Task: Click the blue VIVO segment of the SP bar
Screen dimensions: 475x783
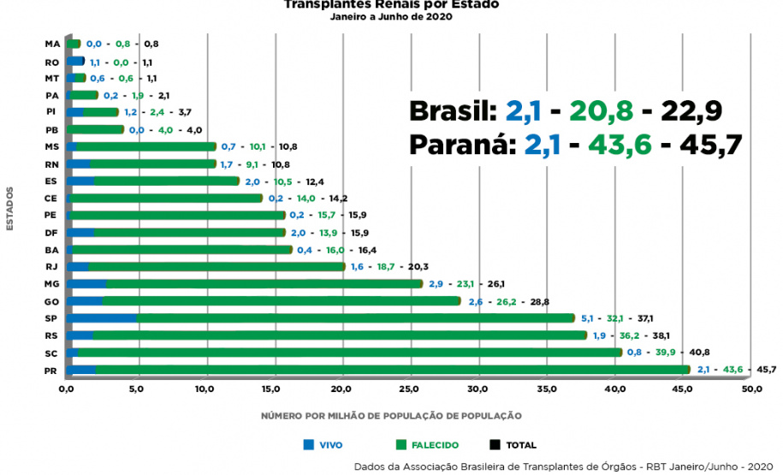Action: point(102,318)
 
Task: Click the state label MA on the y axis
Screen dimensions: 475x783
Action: point(51,44)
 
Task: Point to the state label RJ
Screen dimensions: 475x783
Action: point(52,267)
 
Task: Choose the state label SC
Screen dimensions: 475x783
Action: point(52,353)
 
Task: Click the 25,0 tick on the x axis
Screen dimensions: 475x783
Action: point(410,389)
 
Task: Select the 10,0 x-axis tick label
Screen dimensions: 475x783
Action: point(204,389)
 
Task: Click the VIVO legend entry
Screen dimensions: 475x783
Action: point(323,445)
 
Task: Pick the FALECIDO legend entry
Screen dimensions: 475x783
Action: point(428,445)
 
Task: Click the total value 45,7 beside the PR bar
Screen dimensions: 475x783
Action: point(765,370)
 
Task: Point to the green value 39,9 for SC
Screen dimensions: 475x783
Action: point(667,352)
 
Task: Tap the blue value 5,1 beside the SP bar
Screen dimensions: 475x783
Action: point(588,318)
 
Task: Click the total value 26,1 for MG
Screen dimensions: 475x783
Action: point(496,283)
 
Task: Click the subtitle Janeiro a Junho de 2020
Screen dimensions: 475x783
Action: point(391,16)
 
